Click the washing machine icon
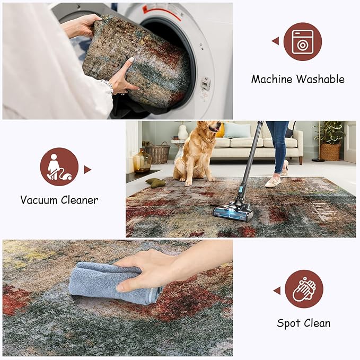coord(302,41)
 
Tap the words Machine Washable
coord(297,80)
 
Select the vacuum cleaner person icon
coord(59,166)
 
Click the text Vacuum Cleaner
coord(59,200)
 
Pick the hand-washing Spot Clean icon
coord(304,289)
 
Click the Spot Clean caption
coord(304,323)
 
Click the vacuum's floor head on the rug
coord(233,212)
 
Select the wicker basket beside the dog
coord(157,153)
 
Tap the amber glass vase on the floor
coord(142,160)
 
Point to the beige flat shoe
coord(273,182)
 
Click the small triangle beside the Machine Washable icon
coord(275,41)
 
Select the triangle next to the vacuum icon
coord(87,170)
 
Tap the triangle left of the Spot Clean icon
coord(276,290)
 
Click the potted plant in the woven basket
coord(330,141)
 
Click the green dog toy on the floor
coord(156,183)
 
